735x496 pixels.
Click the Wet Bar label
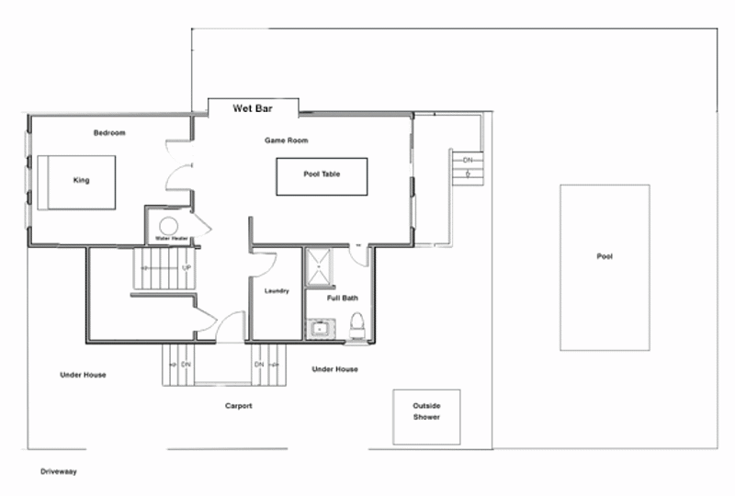coord(252,108)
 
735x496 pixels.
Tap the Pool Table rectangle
coord(322,176)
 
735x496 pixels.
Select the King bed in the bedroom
coord(76,183)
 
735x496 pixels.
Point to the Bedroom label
coord(109,132)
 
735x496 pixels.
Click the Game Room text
coord(286,141)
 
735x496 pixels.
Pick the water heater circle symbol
coord(168,226)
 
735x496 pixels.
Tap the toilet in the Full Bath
coord(357,326)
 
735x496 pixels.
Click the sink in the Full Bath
coord(321,328)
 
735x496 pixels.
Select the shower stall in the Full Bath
coord(319,266)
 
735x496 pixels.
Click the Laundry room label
coord(277,290)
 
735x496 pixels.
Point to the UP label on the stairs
coord(187,267)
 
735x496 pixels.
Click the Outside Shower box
coord(426,417)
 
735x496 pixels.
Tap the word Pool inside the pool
coord(605,256)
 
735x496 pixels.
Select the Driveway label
coord(59,471)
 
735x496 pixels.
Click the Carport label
coord(239,405)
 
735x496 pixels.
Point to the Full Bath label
coord(342,298)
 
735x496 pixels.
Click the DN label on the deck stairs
coord(468,160)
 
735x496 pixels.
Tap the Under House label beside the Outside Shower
coord(334,369)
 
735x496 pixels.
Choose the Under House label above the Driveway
coord(83,375)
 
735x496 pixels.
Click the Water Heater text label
coord(172,239)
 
